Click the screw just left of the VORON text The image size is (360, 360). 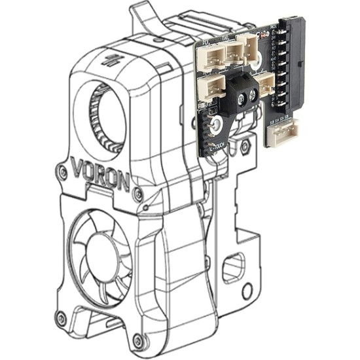tap(61, 172)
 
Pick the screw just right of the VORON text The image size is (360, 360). tap(137, 194)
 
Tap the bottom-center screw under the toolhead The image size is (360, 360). tap(138, 340)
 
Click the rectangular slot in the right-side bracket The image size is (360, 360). tap(233, 268)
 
